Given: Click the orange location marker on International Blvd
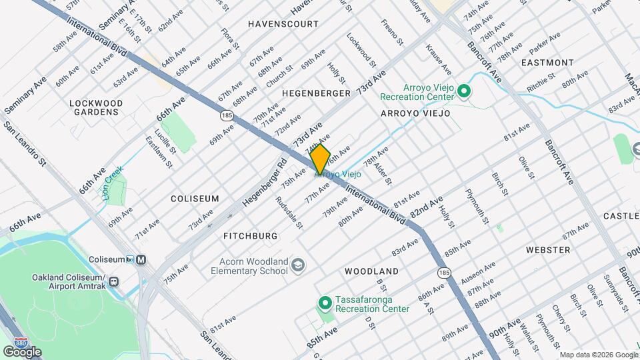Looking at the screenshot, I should tap(321, 159).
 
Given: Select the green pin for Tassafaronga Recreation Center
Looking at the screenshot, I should tap(325, 304).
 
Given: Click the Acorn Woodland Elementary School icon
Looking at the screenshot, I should tap(297, 265).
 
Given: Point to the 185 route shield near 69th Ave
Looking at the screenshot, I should tap(227, 115).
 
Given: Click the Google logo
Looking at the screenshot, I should tap(22, 351).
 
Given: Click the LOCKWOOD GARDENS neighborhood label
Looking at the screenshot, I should tap(97, 107).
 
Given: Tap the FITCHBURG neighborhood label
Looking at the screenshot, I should tap(250, 236).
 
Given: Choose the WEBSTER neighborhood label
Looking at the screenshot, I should tap(548, 249).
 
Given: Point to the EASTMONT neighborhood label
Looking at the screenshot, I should tap(547, 62).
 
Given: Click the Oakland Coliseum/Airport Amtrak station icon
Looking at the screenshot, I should tap(115, 282).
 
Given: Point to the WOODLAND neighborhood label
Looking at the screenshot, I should tap(371, 271).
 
